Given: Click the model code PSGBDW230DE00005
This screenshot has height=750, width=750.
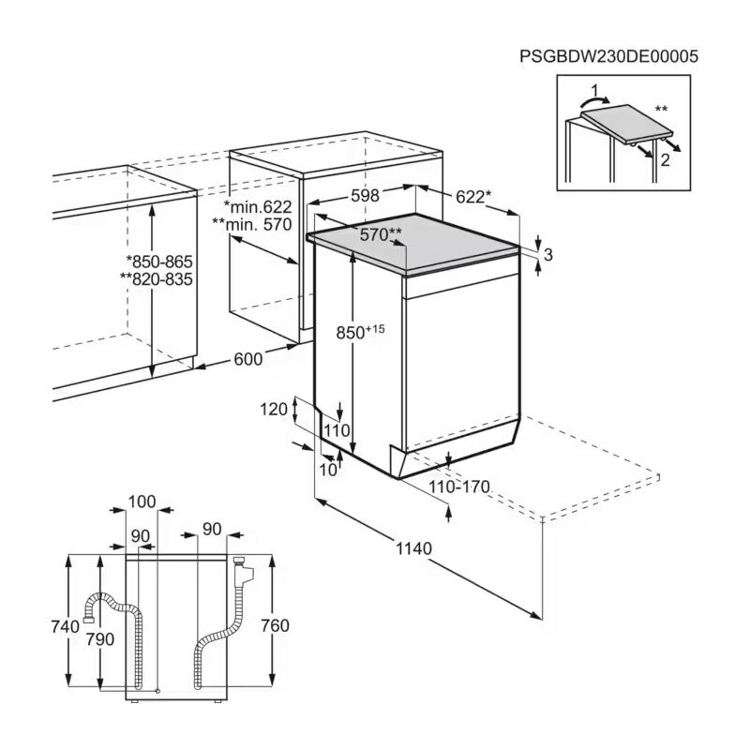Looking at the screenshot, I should click(x=608, y=56).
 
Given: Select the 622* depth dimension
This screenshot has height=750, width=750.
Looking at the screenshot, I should click(x=472, y=197).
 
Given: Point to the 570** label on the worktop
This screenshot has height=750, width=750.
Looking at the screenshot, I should click(x=381, y=233).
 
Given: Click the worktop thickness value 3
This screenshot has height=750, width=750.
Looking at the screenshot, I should click(x=548, y=254).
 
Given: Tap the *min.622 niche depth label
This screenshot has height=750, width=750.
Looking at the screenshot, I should click(x=258, y=206).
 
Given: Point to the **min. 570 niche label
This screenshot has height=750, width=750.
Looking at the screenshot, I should click(x=253, y=225).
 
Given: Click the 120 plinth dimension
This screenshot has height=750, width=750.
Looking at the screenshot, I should click(x=275, y=409).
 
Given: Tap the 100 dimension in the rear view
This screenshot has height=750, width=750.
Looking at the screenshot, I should click(x=142, y=502).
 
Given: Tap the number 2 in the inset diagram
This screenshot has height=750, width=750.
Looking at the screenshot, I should click(x=665, y=159).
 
